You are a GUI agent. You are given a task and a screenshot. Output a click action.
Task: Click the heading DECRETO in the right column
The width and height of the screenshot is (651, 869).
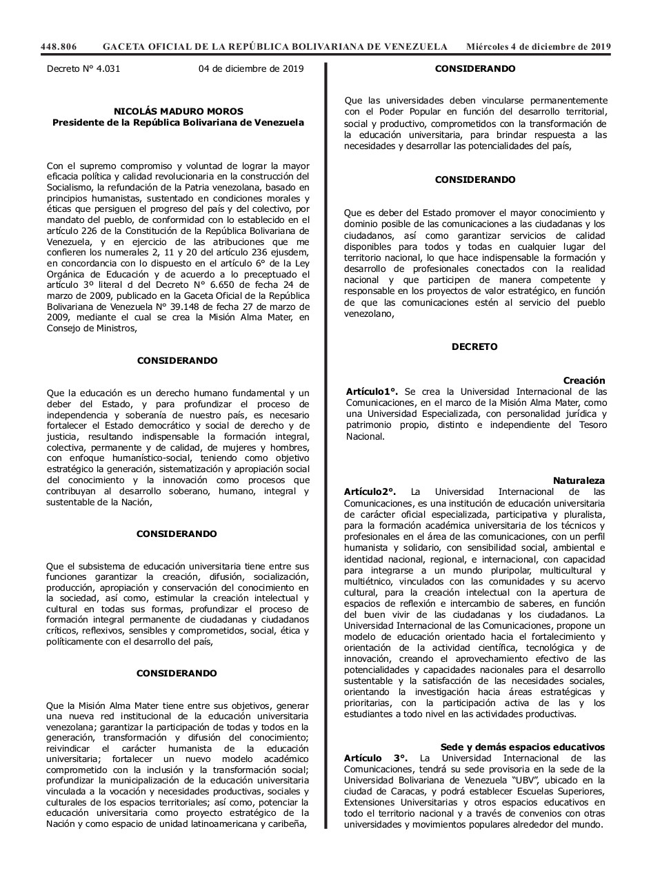pyautogui.click(x=474, y=346)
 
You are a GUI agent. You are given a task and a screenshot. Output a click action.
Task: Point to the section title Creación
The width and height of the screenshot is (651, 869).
pyautogui.click(x=583, y=380)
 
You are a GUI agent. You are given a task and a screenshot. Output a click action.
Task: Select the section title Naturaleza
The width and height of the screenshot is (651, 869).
pyautogui.click(x=579, y=480)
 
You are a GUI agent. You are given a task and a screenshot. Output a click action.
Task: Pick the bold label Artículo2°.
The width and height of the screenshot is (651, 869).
pyautogui.click(x=370, y=491)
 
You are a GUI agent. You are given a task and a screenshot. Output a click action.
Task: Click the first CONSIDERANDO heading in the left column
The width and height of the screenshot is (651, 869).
pyautogui.click(x=177, y=360)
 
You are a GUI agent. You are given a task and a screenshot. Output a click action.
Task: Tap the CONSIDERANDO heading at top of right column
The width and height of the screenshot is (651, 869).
pyautogui.click(x=475, y=69)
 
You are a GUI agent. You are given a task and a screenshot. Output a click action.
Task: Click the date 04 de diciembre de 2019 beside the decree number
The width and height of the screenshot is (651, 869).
pyautogui.click(x=251, y=69)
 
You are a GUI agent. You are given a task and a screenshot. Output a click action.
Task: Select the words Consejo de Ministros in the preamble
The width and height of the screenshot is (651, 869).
pyautogui.click(x=90, y=329)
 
